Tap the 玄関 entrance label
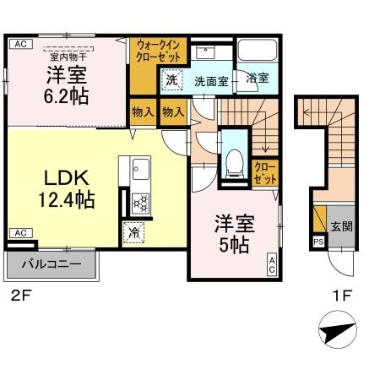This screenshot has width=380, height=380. point(341,226)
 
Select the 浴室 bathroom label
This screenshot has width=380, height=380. point(258,79)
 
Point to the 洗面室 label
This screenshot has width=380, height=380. point(211,82)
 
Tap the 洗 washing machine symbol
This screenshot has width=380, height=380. point(171,81)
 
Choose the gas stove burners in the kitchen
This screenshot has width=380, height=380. point(139,201)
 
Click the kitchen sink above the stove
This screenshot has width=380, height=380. point(138,173)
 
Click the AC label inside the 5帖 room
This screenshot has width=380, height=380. point(272,264)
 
